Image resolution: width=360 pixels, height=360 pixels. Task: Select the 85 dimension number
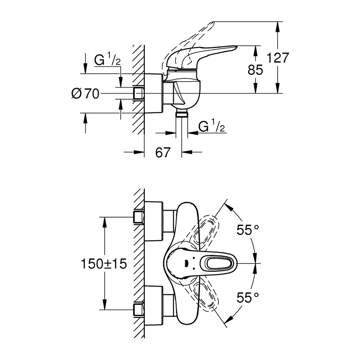coord(255,70)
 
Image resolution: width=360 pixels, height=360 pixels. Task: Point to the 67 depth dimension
coord(163,152)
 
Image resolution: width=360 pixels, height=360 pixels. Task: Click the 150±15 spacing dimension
coord(104,264)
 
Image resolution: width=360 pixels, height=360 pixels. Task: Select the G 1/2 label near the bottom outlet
coord(212,127)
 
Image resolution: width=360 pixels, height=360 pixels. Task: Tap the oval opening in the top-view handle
coord(219,263)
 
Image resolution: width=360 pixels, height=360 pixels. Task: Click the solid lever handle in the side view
coord(200,56)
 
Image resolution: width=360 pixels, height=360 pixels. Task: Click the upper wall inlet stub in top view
coord(138,217)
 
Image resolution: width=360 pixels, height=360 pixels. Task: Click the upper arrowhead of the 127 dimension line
coord(277,25)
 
